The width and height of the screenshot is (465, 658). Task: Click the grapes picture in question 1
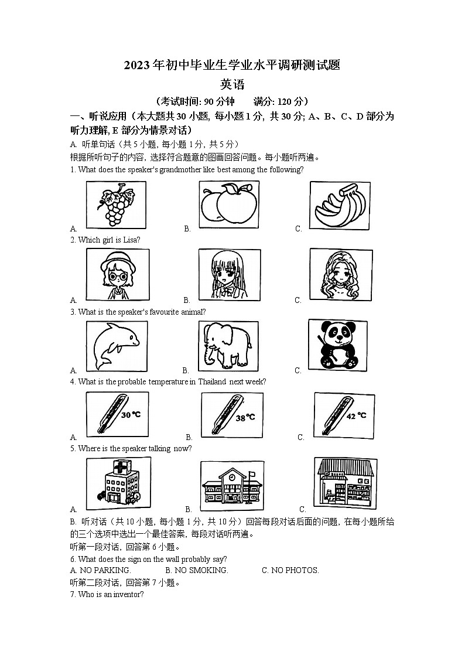pos(116,204)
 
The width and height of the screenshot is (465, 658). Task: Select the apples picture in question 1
pos(229,204)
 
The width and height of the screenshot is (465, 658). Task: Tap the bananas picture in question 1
pos(340,205)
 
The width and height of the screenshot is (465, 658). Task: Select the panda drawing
pos(333,345)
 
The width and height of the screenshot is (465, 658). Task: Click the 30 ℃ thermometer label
pos(131,414)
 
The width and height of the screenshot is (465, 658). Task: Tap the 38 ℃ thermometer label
pos(245,417)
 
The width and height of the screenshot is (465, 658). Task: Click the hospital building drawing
pos(116,483)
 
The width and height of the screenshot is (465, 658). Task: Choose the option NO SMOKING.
pos(197,570)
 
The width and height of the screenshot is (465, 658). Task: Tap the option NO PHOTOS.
pos(290,570)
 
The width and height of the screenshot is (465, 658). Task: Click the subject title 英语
pos(232,84)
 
